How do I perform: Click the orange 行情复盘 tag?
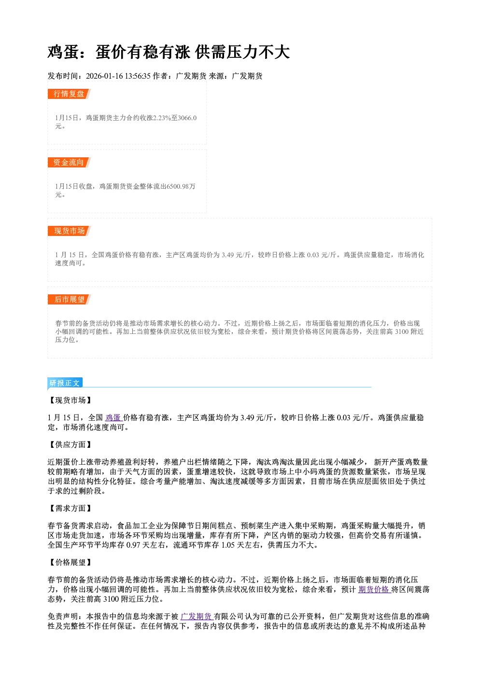pos(69,94)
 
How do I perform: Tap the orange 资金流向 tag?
pos(69,163)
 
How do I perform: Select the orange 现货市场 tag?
pos(69,231)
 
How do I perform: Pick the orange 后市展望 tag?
pos(69,300)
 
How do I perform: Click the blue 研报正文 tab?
pos(65,383)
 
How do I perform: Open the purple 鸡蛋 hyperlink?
pos(113,418)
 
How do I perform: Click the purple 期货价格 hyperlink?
pos(374,590)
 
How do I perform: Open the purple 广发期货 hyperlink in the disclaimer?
pos(197,617)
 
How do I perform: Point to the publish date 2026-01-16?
pos(105,76)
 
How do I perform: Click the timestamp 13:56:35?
pos(138,76)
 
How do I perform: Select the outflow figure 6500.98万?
pos(181,186)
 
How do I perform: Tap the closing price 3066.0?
pos(187,118)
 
